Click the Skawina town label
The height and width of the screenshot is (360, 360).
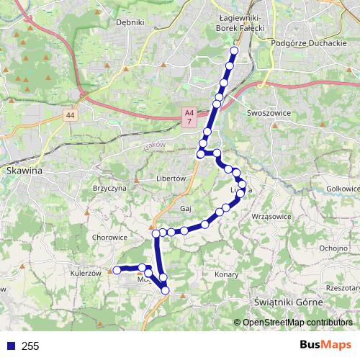24,171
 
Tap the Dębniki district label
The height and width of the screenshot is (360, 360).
130,22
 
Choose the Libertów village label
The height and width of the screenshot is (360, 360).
171,178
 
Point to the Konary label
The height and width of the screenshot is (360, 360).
226,275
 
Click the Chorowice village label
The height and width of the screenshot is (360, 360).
110,236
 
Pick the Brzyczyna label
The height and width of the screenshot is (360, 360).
110,186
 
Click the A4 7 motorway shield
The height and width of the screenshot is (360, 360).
189,118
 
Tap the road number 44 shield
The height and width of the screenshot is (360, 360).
69,114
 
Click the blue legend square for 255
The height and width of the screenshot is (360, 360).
9,346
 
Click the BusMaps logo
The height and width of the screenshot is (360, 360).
326,345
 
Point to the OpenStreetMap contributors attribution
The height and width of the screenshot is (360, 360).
297,323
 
